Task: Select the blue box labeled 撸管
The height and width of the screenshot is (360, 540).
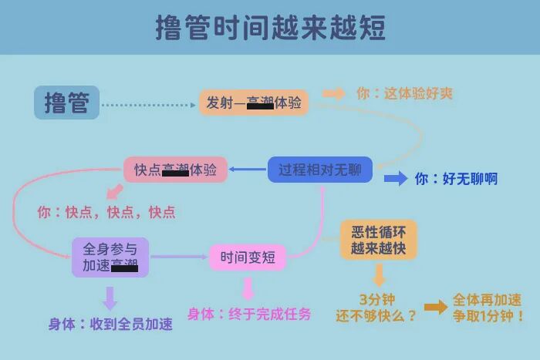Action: coord(66,103)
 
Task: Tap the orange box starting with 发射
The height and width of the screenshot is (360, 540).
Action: coord(254,103)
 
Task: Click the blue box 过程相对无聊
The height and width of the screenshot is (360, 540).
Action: coord(320,170)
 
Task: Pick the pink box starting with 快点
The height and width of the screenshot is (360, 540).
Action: coord(176,170)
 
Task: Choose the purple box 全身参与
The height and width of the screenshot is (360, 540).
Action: coord(110,257)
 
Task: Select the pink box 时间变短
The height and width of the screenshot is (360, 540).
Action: coord(248,257)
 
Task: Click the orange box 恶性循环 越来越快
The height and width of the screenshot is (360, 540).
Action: coord(379,239)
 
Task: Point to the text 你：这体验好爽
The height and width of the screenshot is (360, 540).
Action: coord(404,94)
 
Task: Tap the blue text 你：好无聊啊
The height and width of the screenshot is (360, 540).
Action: coord(456,179)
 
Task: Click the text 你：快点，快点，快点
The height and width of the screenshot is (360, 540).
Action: coord(106,212)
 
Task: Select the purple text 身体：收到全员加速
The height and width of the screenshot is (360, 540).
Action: coord(110,325)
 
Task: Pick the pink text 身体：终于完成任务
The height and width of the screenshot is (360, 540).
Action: coord(249,315)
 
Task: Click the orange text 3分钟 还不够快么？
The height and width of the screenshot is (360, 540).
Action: coord(376,308)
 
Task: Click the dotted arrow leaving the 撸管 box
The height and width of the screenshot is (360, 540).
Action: coord(147,104)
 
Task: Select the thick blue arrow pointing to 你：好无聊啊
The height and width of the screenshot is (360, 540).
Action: coord(396,179)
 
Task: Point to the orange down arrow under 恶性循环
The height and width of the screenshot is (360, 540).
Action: coord(379,275)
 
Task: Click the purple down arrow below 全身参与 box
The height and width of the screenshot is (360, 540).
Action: coord(110,298)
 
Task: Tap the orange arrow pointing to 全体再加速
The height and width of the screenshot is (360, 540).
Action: coord(435,308)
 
